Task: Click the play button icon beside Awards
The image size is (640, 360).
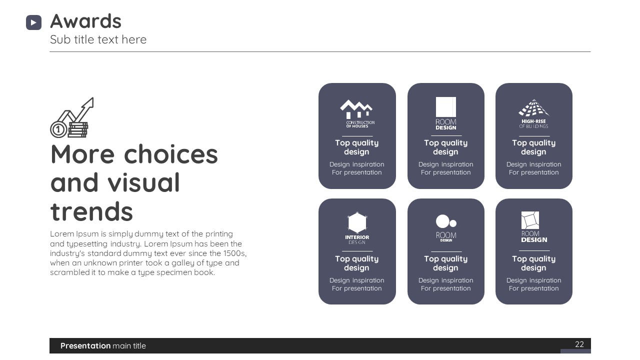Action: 33,22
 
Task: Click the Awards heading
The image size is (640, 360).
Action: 85,21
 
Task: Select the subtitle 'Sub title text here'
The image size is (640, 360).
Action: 98,39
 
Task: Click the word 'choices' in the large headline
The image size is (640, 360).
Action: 171,154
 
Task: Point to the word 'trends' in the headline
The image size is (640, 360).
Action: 91,211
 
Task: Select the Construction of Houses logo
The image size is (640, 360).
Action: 357,113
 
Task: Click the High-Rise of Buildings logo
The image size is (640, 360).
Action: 533,113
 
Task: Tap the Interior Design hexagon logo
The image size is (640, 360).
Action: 357,228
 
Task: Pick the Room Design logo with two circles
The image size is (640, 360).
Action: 446,228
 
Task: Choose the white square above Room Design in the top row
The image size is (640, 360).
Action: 445,107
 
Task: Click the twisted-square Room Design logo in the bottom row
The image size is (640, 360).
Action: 533,227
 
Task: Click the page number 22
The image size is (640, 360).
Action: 579,344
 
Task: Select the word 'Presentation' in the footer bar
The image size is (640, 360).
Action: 85,345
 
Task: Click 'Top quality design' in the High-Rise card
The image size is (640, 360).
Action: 533,147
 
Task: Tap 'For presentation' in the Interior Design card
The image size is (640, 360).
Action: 356,288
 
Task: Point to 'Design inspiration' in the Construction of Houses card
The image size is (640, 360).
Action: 357,164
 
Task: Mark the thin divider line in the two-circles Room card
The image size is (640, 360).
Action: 446,251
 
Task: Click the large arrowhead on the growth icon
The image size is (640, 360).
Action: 89,103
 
